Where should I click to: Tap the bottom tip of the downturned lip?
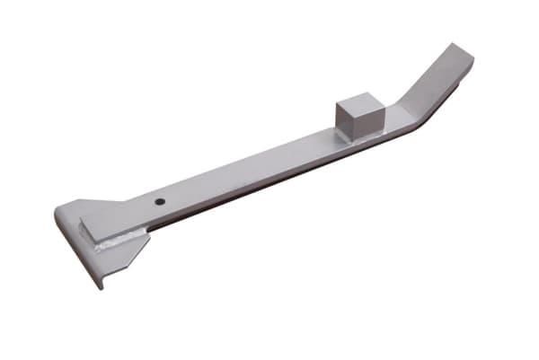tap(101, 285)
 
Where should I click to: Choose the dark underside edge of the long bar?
tap(269, 186)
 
